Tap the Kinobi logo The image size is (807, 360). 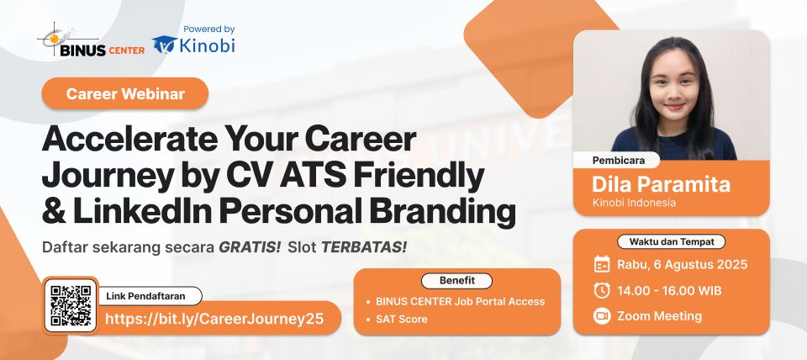[x=194, y=45]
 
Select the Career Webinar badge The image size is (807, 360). [x=124, y=93]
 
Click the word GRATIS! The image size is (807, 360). [x=250, y=248]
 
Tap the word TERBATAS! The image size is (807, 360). [x=363, y=248]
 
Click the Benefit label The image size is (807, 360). [x=457, y=280]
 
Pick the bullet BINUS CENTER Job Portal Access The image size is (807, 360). [x=461, y=301]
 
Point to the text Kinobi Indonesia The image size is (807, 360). [x=634, y=203]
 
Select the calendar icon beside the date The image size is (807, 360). [x=602, y=264]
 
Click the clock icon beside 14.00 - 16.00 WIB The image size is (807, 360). [x=602, y=290]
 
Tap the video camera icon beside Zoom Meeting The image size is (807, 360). [x=602, y=316]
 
